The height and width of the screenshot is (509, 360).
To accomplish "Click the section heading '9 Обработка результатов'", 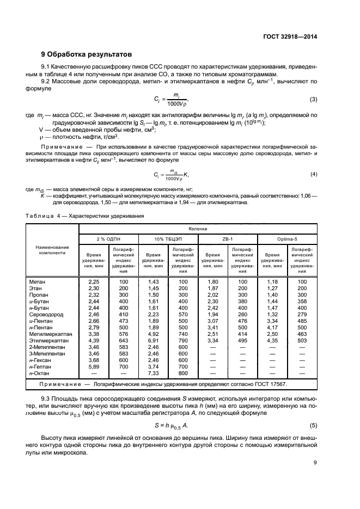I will pos(87,54).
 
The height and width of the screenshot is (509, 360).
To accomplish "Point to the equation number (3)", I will pos(313,99).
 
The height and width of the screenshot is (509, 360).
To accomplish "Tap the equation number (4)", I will pos(313,174).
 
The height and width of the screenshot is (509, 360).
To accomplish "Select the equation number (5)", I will pos(313,424).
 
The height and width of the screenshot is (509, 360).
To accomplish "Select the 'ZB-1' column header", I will pos(228,239).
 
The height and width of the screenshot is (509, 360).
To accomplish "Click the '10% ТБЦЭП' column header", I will pos(168,239).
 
